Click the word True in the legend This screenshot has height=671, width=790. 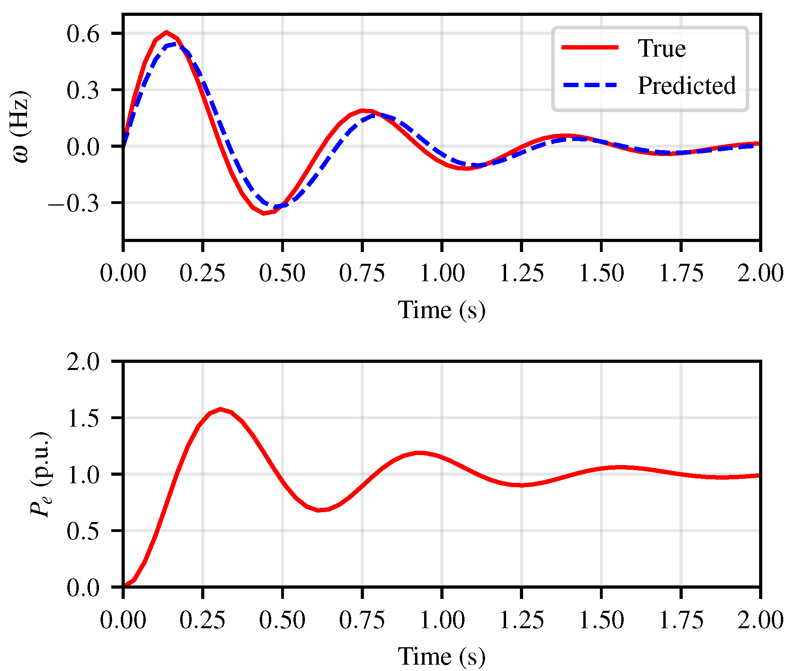661,49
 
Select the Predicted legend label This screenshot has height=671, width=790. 687,86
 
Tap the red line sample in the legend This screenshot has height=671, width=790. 590,48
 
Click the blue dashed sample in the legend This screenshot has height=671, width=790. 590,85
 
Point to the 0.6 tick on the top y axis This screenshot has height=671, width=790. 83,34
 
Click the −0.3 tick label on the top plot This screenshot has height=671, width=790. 74,204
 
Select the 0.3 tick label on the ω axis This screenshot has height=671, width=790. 83,91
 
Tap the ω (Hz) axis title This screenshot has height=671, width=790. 21,127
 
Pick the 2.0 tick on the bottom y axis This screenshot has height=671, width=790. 83,362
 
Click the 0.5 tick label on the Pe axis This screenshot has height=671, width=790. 83,531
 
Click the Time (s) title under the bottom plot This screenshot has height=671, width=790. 441,656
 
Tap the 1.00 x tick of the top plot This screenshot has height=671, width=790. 442,273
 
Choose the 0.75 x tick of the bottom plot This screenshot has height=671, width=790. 362,620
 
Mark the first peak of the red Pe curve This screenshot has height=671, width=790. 221,409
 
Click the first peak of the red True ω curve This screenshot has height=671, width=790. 167,32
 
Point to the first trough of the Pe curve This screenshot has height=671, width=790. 319,510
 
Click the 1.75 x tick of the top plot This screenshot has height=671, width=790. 681,273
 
